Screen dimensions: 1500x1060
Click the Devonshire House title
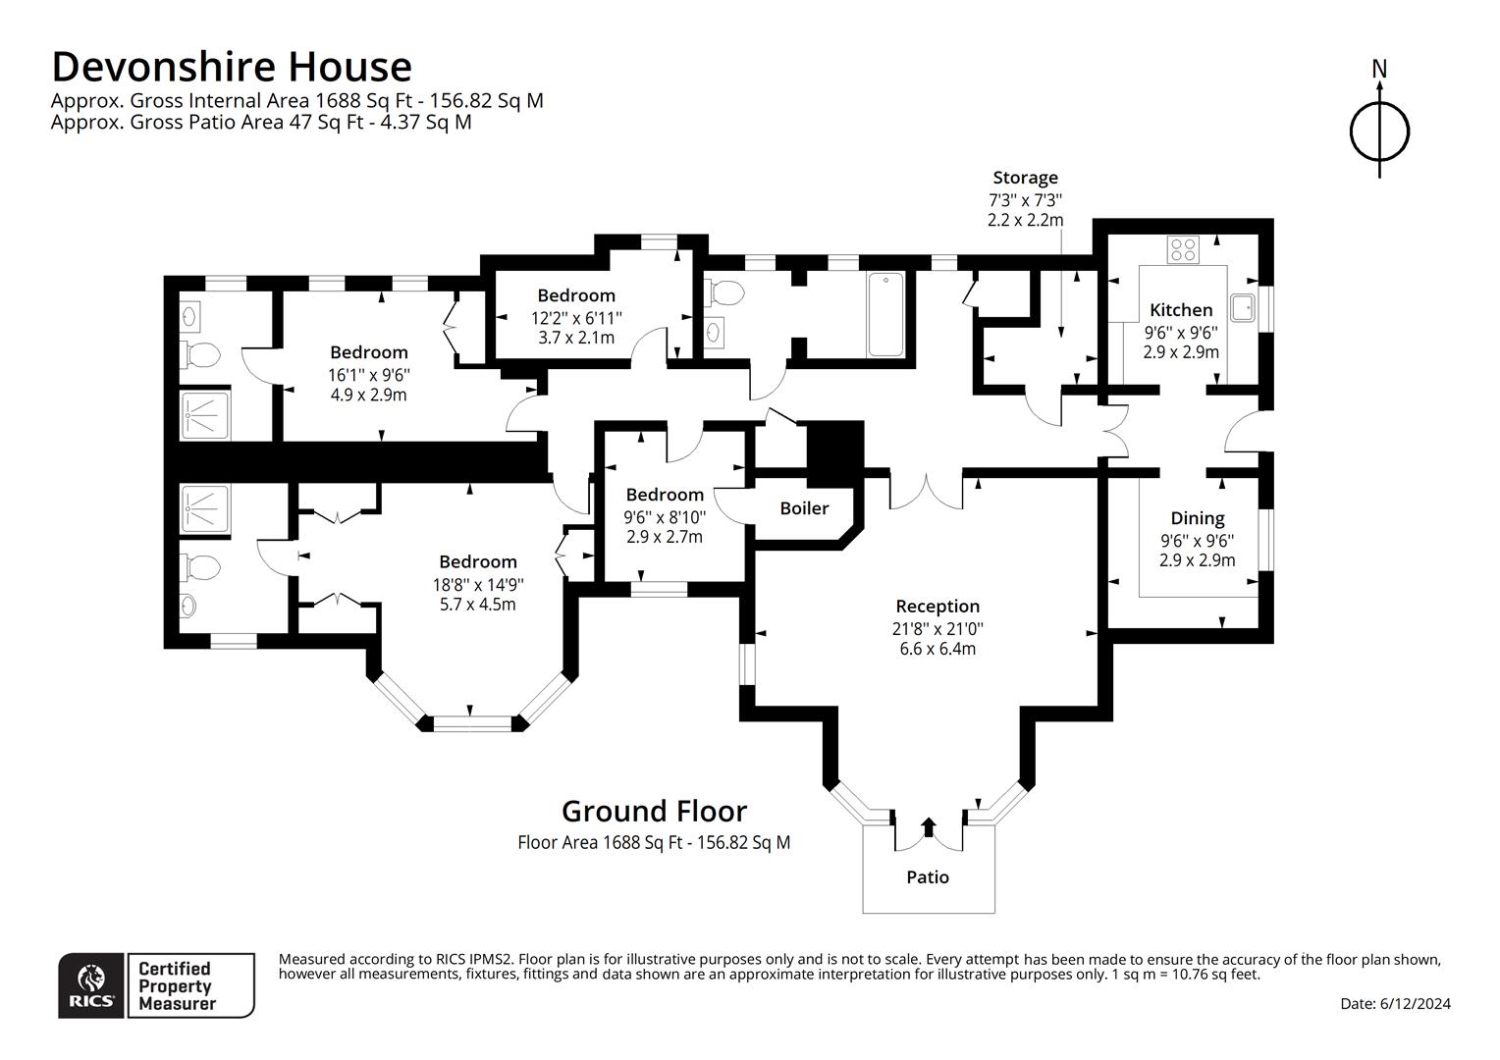232,67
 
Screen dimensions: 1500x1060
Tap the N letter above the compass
1379,69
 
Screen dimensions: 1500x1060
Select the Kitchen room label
1181,310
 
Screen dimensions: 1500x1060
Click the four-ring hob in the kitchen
1183,249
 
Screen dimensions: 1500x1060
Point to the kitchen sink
1242,307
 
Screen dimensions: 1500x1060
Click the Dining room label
1198,518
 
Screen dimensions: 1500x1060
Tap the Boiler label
804,508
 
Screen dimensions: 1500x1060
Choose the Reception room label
937,606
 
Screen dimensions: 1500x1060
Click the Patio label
928,877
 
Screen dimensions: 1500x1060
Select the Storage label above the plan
1025,178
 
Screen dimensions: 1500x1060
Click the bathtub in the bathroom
885,314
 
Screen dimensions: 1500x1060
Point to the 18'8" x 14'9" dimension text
478,585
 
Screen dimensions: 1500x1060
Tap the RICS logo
91,985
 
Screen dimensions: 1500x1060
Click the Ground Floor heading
654,812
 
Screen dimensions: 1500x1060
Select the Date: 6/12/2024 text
1396,1004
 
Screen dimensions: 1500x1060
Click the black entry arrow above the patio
928,827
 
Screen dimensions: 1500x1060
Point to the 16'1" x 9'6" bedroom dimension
369,374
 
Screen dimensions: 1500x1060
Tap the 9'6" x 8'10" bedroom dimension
665,517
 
